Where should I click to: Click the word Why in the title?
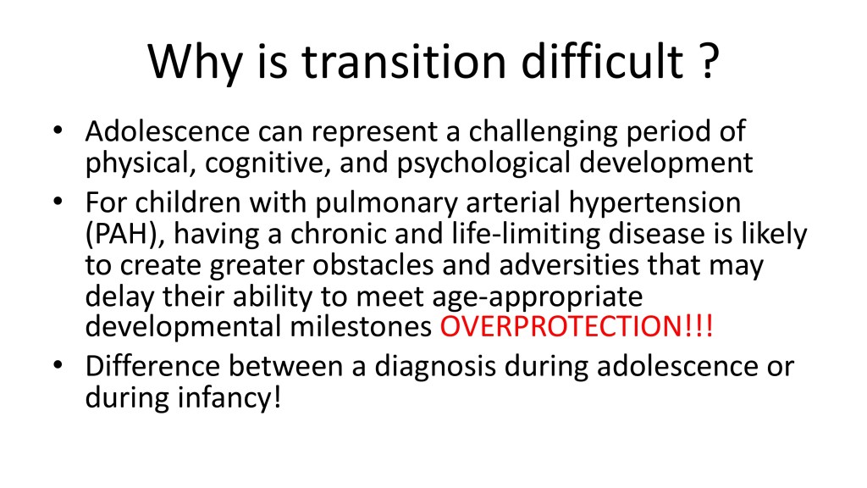coord(196,61)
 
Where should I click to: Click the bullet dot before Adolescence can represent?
coord(58,131)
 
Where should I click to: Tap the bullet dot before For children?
coord(58,202)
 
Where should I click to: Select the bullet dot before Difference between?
coord(58,366)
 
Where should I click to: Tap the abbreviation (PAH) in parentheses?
coord(125,235)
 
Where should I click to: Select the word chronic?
coord(338,235)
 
